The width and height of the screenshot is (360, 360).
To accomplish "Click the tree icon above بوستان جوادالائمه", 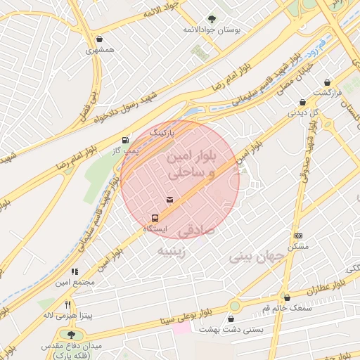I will click(x=212, y=19).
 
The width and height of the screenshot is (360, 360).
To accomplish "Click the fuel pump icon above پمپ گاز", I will click(x=126, y=139).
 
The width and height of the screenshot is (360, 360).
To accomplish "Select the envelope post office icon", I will click(x=169, y=200).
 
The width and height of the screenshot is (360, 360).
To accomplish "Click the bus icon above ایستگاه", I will click(x=155, y=217).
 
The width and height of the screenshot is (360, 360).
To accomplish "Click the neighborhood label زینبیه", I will click(x=171, y=250).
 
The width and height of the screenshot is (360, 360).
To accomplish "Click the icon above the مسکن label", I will click(x=299, y=236).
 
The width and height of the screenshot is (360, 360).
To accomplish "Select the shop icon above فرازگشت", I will click(x=328, y=82).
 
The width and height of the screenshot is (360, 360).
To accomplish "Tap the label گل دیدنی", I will click(x=304, y=112).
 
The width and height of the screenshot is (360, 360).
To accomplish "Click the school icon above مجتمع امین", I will click(x=74, y=271).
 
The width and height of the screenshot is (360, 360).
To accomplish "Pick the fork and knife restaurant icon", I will click(x=67, y=304).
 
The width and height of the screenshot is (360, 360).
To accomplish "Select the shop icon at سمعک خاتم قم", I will click(x=286, y=297).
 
